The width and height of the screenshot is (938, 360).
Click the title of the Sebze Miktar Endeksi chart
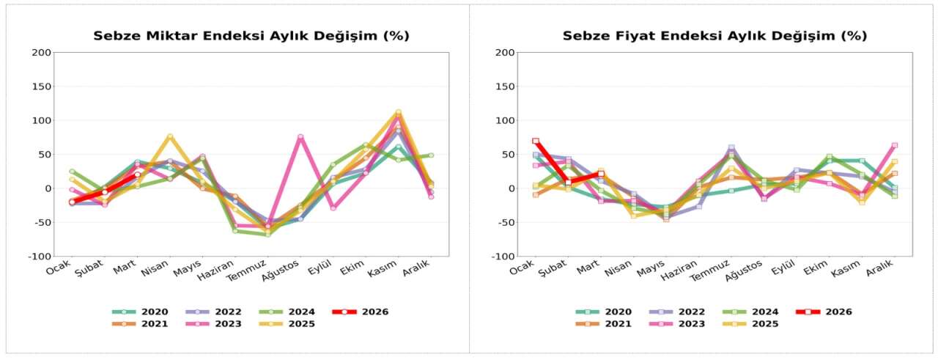point(251,36)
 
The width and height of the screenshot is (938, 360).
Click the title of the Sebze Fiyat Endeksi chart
point(714,36)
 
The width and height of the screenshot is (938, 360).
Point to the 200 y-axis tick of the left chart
point(42,53)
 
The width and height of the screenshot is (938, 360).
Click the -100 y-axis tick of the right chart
point(504,257)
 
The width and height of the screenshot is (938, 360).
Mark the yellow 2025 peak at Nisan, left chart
point(170,136)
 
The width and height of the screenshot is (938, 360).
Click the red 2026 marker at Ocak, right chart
point(536,141)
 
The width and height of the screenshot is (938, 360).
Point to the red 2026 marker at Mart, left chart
point(137,175)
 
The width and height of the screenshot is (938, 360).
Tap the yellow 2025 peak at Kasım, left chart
point(399,112)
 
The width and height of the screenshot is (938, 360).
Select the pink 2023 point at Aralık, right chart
point(895,145)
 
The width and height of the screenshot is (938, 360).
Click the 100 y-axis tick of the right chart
point(506,120)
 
